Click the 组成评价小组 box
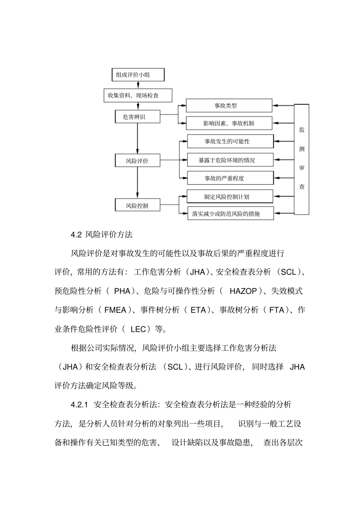(138, 75)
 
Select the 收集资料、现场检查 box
(138, 96)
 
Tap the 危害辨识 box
(137, 117)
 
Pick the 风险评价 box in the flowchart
(137, 161)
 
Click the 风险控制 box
(137, 206)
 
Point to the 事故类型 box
(229, 106)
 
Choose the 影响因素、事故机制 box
(229, 123)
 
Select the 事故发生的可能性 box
(230, 141)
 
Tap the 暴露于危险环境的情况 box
(230, 160)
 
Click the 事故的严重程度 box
(230, 178)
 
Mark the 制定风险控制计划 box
(230, 196)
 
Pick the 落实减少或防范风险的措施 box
(230, 213)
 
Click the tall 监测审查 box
(302, 159)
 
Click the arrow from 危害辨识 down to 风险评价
(137, 138)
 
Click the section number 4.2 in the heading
(76, 235)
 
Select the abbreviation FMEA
(115, 310)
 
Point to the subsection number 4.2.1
(79, 405)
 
